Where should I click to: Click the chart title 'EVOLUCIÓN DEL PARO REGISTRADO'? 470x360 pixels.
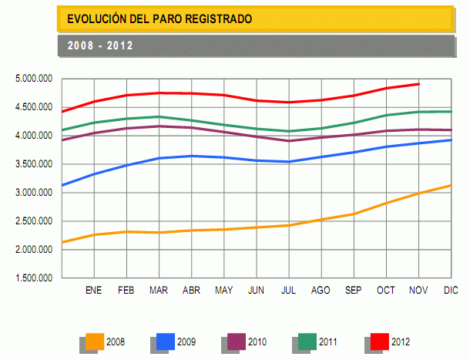pos(159,18)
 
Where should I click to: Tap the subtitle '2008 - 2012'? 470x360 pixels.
pos(100,45)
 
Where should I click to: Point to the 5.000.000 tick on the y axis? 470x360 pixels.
pos(34,79)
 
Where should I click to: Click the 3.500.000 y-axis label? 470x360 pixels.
pos(34,164)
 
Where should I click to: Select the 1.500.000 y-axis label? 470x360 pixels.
pos(34,278)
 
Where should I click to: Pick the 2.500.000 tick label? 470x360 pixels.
pos(34,221)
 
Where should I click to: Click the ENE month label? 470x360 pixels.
pos(93,291)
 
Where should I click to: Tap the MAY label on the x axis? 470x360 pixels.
pos(223,291)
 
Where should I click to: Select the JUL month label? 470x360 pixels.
pos(288,291)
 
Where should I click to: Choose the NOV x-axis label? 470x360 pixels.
pos(418,291)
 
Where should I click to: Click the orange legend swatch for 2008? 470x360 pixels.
pos(95,341)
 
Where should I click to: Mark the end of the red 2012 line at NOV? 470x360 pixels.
pos(418,84)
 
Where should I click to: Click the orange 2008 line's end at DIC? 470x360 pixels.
pos(451,185)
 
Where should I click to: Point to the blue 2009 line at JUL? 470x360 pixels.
pos(288,162)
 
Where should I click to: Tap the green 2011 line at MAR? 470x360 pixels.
pos(159,117)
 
